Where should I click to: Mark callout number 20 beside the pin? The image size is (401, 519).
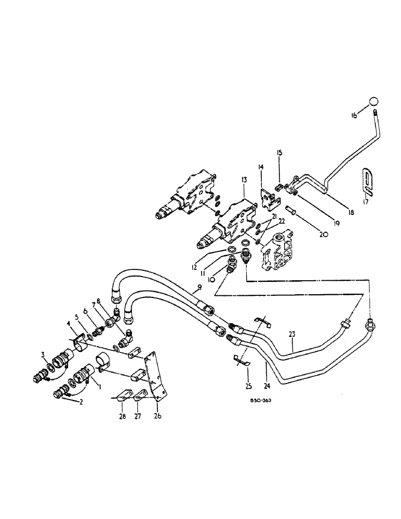[324, 234]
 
